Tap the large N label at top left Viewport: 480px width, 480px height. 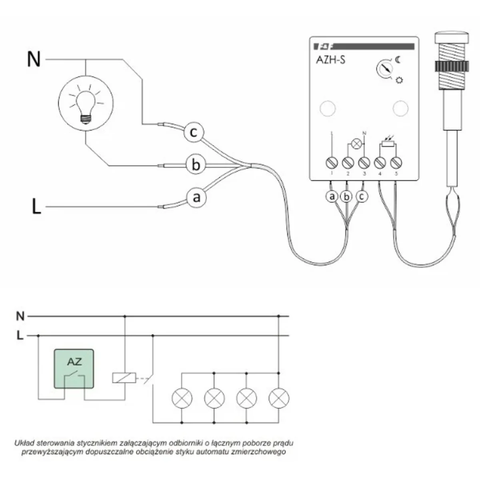coord(34,60)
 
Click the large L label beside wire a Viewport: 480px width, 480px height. coord(36,207)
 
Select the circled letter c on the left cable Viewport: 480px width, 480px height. coord(194,132)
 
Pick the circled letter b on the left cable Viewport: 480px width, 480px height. coord(196,165)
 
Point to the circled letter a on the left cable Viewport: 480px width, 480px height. coord(196,197)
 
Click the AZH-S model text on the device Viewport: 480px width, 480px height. coord(331,60)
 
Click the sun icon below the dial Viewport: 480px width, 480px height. coord(399,80)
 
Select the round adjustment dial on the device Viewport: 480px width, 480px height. coord(385,69)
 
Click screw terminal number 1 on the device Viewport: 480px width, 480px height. coord(332,163)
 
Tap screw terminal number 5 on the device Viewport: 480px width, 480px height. coord(396,163)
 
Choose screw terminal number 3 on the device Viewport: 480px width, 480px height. coord(364,163)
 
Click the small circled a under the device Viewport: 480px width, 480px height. coord(332,196)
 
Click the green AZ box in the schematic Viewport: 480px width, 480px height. coord(74,369)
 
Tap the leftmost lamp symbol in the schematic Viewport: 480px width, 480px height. coord(182,398)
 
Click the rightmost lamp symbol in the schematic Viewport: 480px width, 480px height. coord(279,398)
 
